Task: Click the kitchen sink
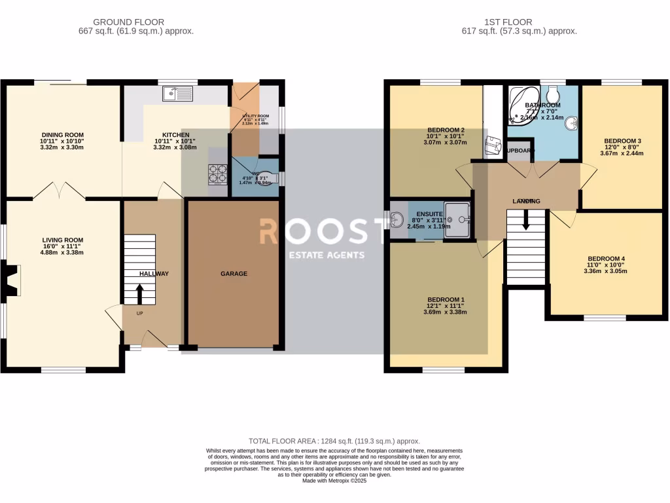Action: pyautogui.click(x=179, y=94)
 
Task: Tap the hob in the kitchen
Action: pyautogui.click(x=217, y=175)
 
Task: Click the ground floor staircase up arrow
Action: pyautogui.click(x=139, y=293)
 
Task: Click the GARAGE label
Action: pyautogui.click(x=234, y=274)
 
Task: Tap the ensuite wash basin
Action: pyautogui.click(x=397, y=220)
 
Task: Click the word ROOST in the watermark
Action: pyautogui.click(x=323, y=232)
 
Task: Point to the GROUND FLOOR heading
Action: pyautogui.click(x=128, y=22)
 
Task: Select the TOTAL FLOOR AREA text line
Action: pyautogui.click(x=334, y=441)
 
